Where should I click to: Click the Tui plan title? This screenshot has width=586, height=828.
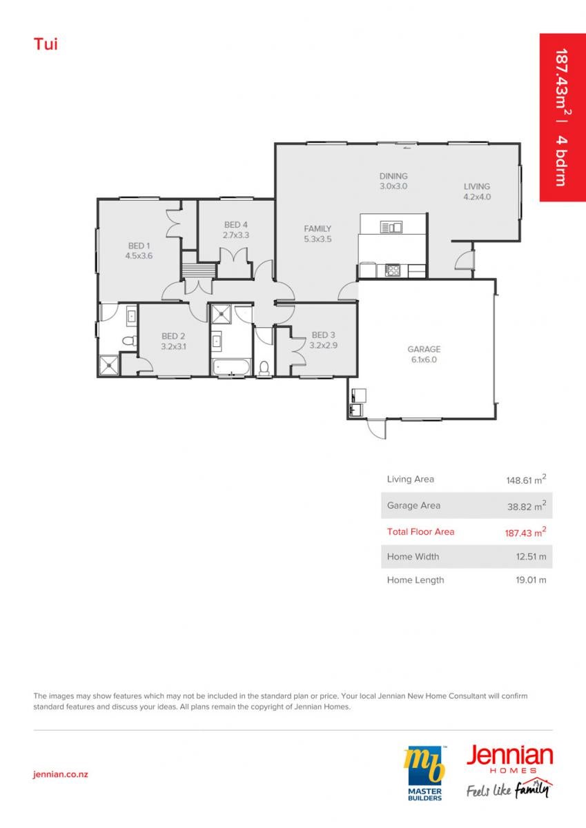46,44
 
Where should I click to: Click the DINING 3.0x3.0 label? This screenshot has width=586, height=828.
393,181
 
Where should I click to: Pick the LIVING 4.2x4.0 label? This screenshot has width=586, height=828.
477,192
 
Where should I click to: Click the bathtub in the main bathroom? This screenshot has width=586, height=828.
231,367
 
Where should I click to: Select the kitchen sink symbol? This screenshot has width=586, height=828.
391,226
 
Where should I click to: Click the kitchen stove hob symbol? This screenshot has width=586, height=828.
392,270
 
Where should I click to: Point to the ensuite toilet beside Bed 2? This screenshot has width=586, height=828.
129,340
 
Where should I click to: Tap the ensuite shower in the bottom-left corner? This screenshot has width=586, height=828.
109,365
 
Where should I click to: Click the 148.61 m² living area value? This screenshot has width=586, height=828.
526,480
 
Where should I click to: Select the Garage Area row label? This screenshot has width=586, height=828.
413,505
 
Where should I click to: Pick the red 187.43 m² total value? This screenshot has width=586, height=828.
526,532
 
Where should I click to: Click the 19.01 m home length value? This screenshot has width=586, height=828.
531,580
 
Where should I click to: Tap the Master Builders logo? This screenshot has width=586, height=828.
424,773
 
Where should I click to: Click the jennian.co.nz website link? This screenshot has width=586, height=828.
61,774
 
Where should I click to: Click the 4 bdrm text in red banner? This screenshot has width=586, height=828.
561,161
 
